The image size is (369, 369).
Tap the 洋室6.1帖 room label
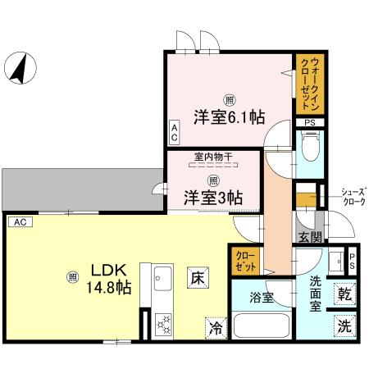pyautogui.click(x=230, y=116)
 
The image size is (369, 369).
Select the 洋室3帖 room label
pyautogui.click(x=212, y=197)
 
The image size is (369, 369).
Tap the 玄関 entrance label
pyautogui.click(x=310, y=237)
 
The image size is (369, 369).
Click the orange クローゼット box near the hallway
pyautogui.click(x=247, y=262)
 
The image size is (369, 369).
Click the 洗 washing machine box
pyautogui.click(x=345, y=325)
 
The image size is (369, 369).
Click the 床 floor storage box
pyautogui.click(x=196, y=278)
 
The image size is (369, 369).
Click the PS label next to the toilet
pyautogui.click(x=308, y=125)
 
